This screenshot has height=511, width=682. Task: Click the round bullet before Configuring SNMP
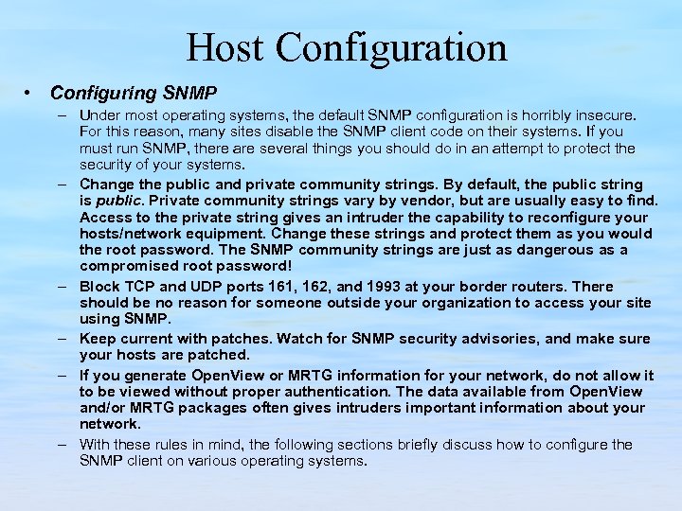pyautogui.click(x=31, y=93)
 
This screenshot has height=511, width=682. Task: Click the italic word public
pyautogui.click(x=116, y=200)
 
